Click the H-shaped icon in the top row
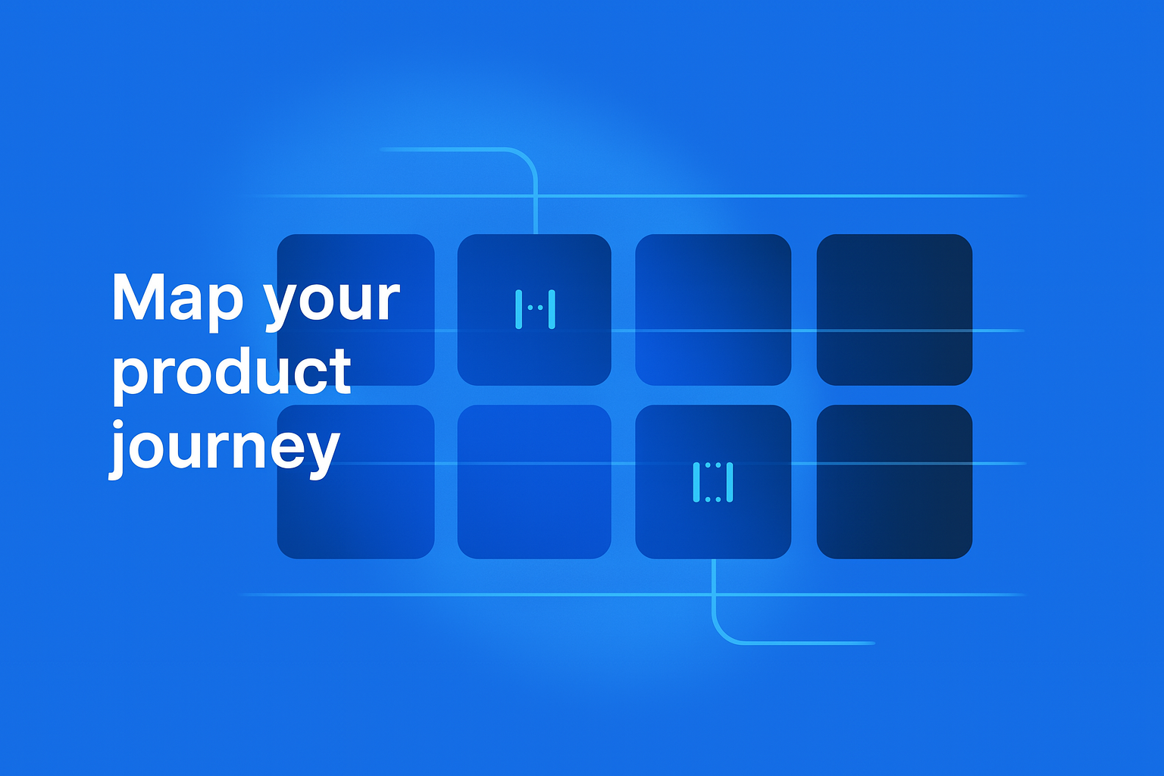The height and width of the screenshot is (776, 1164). (x=535, y=310)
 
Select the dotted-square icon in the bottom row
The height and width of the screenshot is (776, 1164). (x=713, y=483)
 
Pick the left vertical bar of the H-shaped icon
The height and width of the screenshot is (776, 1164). (x=518, y=310)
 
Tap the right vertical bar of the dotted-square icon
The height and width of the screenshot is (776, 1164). (x=730, y=483)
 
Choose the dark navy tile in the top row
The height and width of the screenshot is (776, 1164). (x=894, y=310)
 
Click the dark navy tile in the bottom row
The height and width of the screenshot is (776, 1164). (x=894, y=482)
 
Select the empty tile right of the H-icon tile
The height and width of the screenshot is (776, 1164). (x=713, y=310)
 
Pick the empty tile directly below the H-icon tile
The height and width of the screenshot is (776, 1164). (x=534, y=482)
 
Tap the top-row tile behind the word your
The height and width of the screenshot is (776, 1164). (x=355, y=310)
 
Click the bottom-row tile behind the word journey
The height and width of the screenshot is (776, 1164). (x=355, y=482)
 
